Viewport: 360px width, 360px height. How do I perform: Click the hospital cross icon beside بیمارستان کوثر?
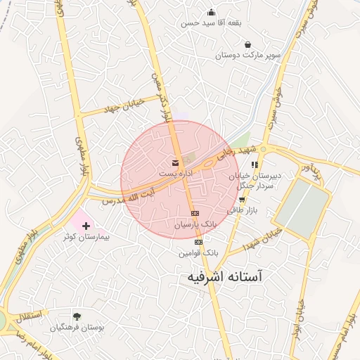[x=86, y=226]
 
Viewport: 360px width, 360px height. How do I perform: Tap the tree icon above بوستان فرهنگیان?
[x=77, y=317]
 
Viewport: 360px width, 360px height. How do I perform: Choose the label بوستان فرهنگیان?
[x=77, y=328]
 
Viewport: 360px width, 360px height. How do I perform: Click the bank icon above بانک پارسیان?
[x=195, y=214]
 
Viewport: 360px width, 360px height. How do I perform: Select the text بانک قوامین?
[x=199, y=252]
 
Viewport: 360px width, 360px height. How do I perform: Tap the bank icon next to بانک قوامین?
[x=199, y=242]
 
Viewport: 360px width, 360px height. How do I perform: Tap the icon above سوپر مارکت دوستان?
[x=247, y=45]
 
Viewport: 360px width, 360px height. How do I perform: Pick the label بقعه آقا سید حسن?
[x=212, y=22]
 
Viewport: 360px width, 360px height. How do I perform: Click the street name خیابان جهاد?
[x=124, y=105]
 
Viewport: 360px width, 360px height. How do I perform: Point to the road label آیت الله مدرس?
[x=128, y=197]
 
